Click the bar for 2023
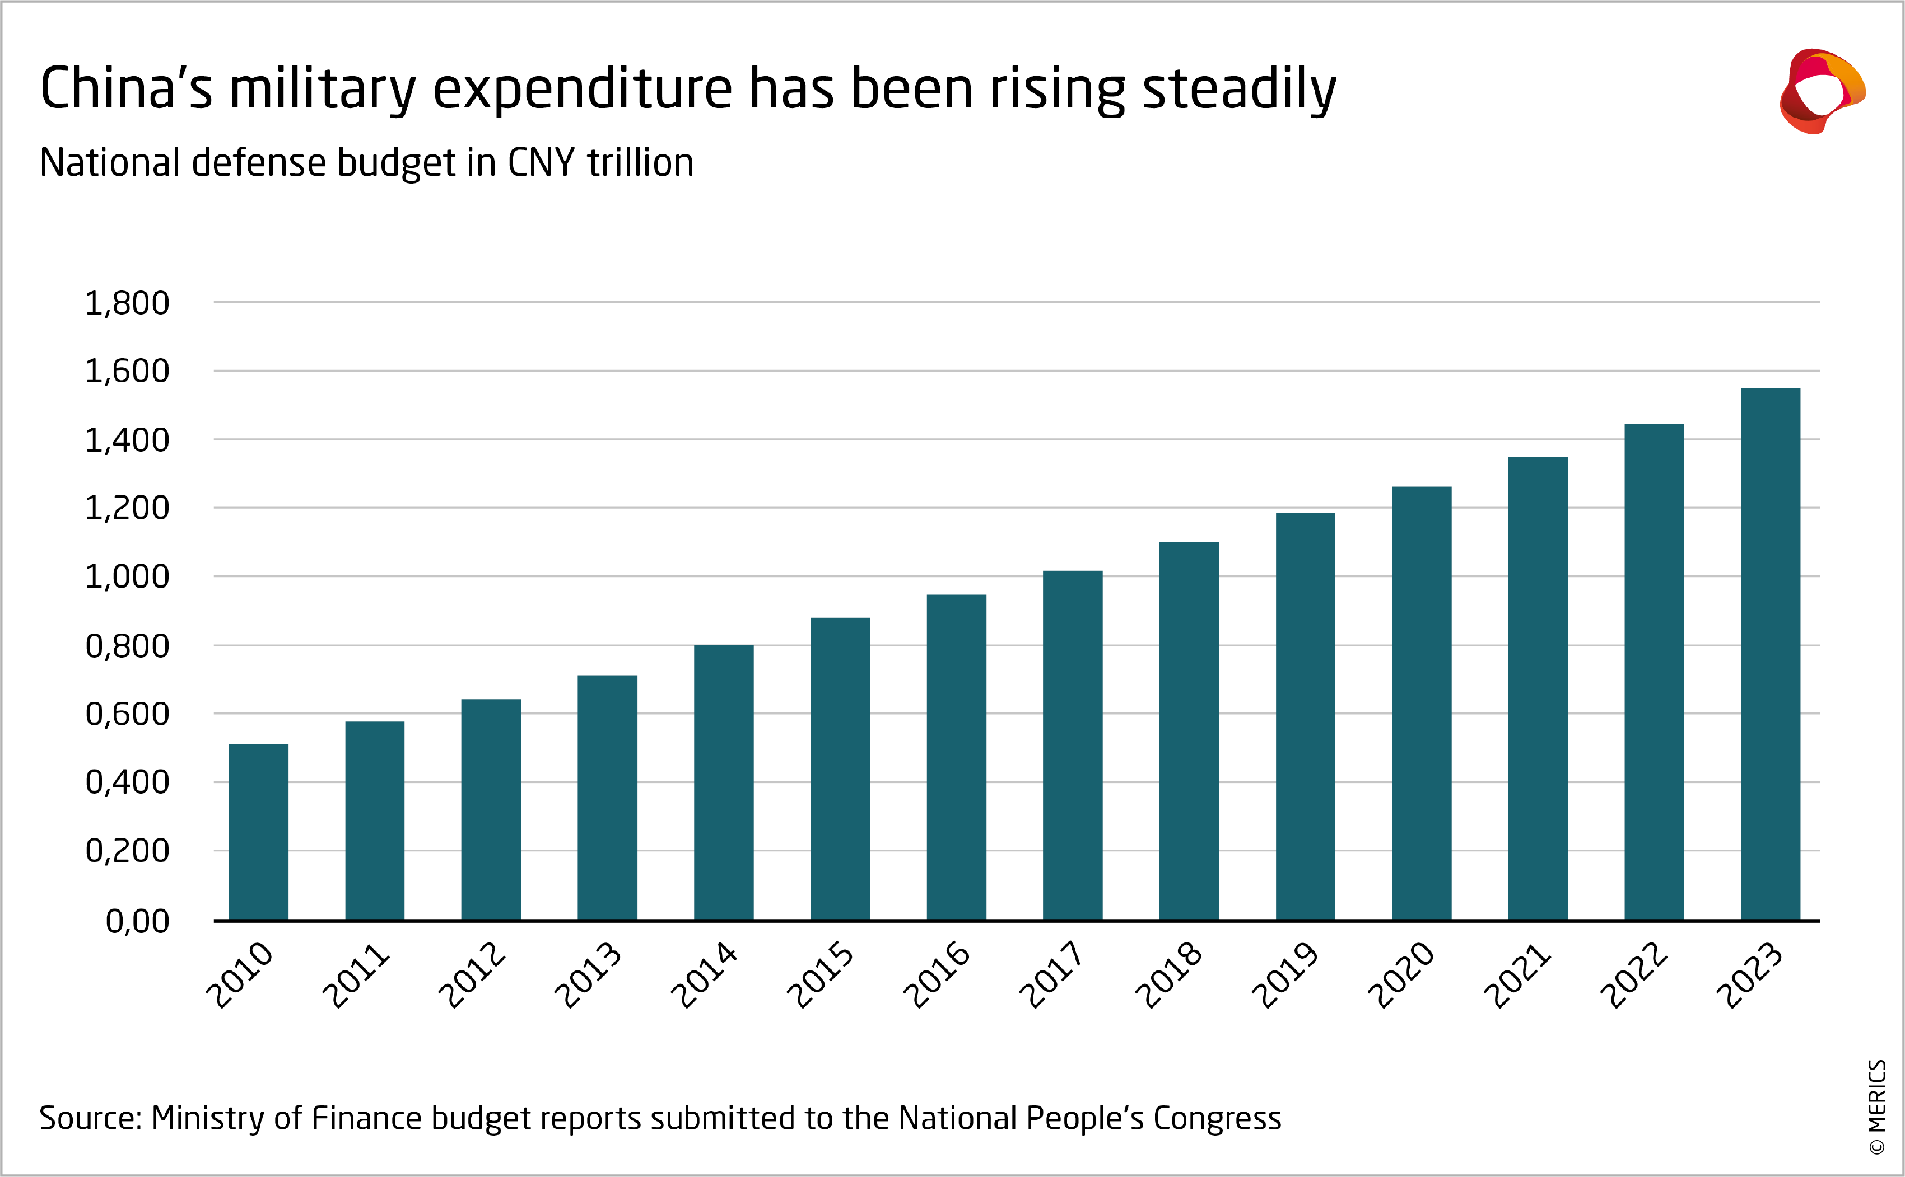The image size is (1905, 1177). click(1770, 654)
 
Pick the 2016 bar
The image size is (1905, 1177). click(956, 757)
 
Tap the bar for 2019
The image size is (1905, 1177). click(1305, 716)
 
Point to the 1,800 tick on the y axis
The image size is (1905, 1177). click(127, 303)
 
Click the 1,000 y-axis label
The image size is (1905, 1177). click(127, 577)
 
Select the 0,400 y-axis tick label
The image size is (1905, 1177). click(127, 782)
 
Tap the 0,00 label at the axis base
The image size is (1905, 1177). click(137, 921)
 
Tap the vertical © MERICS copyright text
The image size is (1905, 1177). click(1877, 1106)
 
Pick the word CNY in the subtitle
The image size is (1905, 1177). click(541, 163)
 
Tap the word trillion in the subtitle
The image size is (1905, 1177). click(640, 163)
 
